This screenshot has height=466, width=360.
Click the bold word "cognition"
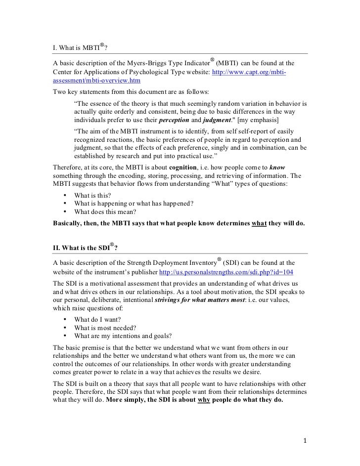pos(184,168)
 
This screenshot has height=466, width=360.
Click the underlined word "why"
pos(204,401)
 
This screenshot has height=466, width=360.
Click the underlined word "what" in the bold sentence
pos(259,223)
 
